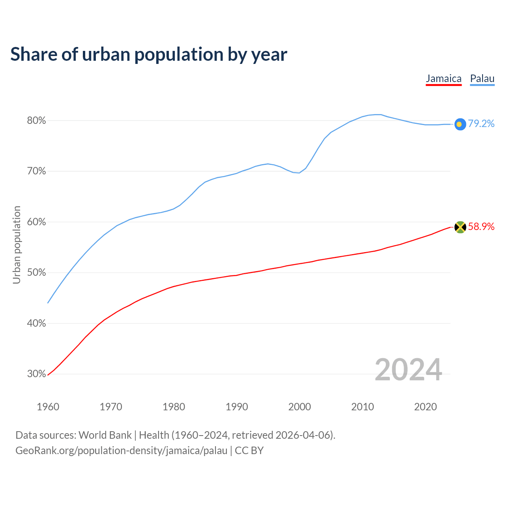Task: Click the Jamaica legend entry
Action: pos(443,79)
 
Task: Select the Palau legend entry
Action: pos(482,79)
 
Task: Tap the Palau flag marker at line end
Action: pos(460,124)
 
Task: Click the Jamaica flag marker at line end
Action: pos(460,227)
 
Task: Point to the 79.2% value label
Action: pos(481,124)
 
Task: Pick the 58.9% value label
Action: pos(481,226)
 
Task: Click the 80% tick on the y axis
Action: pos(36,121)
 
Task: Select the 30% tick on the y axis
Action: pos(36,374)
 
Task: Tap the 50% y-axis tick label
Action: pos(36,273)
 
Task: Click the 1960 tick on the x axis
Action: pos(48,407)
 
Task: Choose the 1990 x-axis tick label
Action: pos(237,407)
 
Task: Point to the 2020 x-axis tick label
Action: pos(425,407)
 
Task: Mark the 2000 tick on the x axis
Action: pos(299,407)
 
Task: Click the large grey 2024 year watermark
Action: pos(408,370)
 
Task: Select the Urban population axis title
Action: pos(17,245)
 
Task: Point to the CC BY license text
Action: pos(249,451)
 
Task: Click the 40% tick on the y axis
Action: pos(36,324)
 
